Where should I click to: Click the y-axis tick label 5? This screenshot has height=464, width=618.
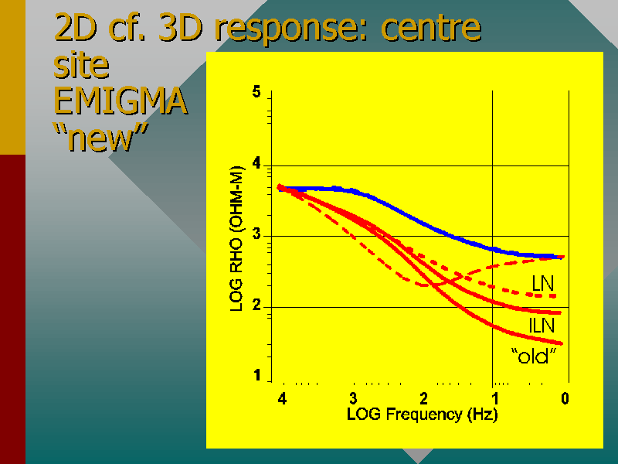(256, 94)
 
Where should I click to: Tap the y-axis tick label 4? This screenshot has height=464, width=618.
(256, 165)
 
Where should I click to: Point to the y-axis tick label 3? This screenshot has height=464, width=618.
(256, 236)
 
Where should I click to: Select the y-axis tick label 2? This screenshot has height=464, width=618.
(256, 307)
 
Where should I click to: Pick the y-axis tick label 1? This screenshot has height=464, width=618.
(256, 377)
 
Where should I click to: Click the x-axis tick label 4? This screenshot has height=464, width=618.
(282, 399)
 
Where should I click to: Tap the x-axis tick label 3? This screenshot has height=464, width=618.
(353, 399)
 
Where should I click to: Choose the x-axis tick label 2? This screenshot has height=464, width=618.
(423, 399)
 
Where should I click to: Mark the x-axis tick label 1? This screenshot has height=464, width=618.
(494, 399)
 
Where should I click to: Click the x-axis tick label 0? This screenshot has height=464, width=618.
(565, 399)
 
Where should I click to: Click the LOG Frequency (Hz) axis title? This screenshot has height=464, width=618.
(423, 415)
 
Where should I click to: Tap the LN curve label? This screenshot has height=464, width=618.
(542, 284)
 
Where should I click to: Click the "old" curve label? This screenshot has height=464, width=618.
(535, 357)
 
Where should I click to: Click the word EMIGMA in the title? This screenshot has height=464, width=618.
(121, 101)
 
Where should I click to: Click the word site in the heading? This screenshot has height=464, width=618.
(81, 66)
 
